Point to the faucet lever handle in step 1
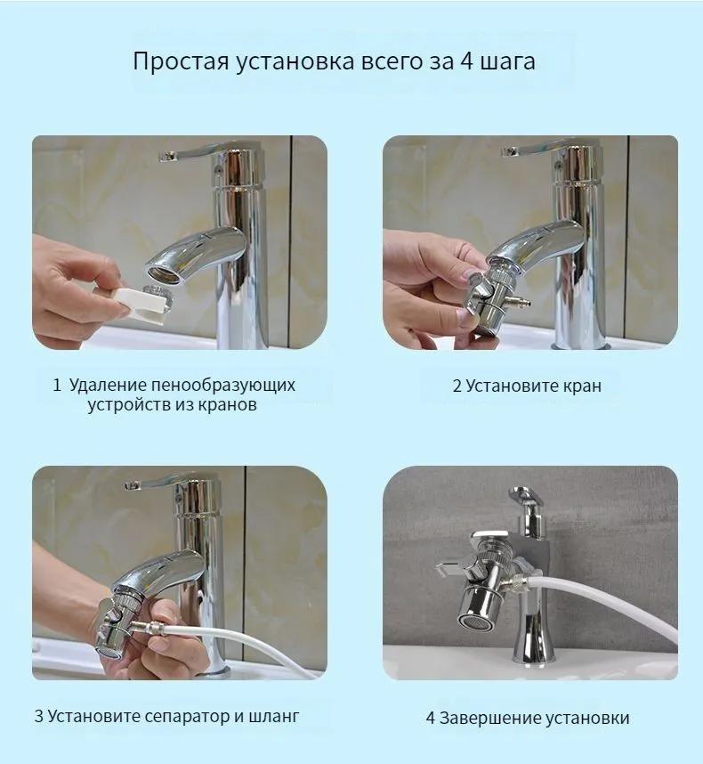[191, 154]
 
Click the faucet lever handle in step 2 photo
[534, 150]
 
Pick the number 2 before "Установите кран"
[457, 386]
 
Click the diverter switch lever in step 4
[453, 564]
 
